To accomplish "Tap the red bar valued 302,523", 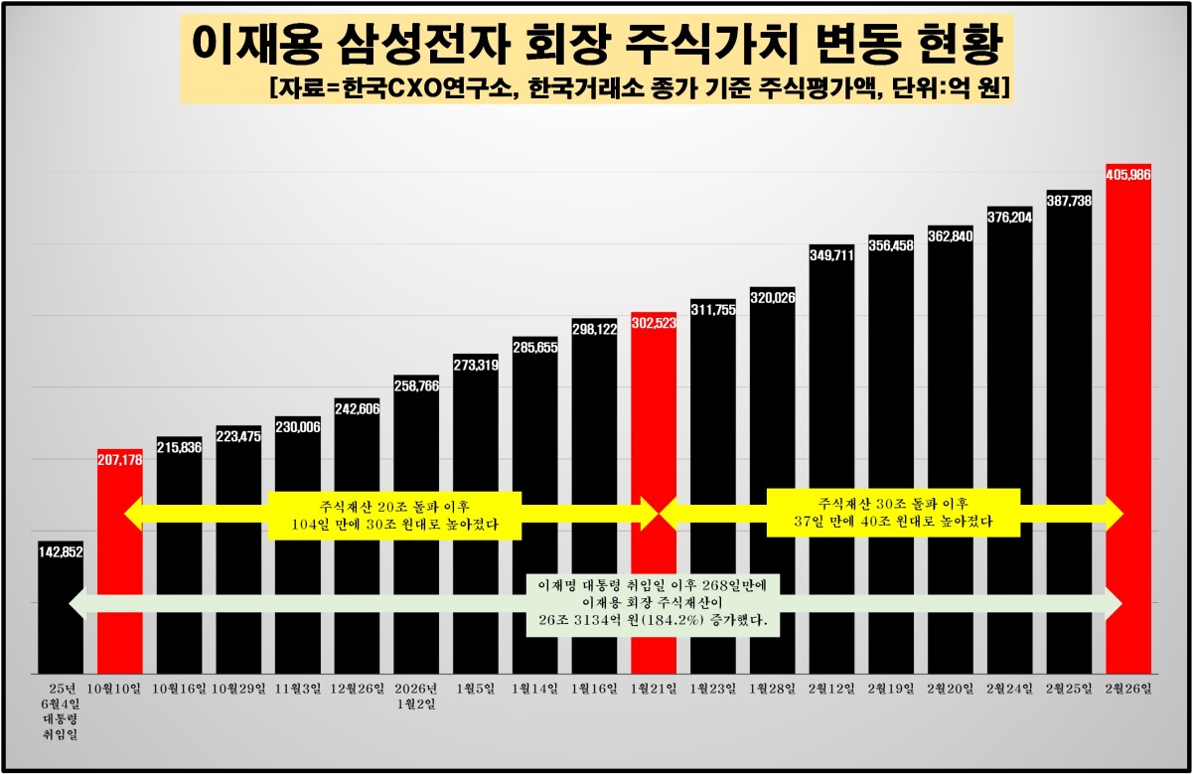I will pyautogui.click(x=654, y=417).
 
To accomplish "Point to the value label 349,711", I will pyautogui.click(x=831, y=254).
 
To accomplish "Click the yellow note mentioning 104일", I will pyautogui.click(x=394, y=514).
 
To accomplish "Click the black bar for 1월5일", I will pyautogui.click(x=475, y=517).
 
